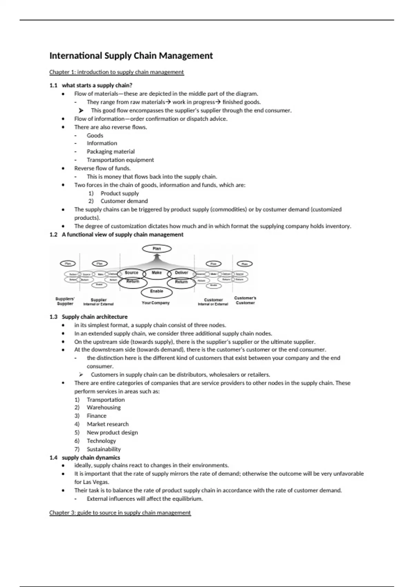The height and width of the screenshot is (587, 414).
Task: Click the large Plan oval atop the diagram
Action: [157, 249]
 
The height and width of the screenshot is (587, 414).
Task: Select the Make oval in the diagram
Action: [157, 273]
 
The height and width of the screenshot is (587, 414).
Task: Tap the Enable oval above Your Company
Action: [156, 292]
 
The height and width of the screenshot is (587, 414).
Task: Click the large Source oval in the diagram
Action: [131, 273]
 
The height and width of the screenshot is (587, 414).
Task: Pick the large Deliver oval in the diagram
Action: [181, 273]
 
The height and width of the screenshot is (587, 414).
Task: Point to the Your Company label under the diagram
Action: [156, 303]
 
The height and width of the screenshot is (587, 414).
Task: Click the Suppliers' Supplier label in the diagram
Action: [65, 301]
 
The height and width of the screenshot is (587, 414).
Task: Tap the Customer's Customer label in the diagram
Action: [245, 300]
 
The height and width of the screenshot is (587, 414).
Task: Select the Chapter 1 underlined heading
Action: [117, 72]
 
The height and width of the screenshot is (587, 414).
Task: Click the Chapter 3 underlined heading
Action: [120, 513]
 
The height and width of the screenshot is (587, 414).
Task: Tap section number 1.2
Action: [53, 235]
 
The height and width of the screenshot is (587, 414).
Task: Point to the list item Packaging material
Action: [111, 152]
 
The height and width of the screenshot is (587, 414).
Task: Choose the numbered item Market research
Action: [108, 424]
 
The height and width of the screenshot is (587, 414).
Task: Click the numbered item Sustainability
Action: [104, 449]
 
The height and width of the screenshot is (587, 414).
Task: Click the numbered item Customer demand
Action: [124, 201]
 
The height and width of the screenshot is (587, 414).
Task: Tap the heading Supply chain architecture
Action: [95, 317]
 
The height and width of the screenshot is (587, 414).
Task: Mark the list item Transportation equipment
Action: [120, 160]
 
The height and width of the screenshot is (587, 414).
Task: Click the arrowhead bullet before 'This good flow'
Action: [81, 110]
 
